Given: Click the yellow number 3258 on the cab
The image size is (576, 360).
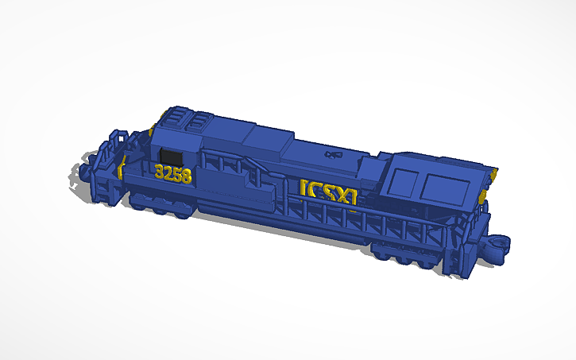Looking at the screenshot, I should tap(173, 173).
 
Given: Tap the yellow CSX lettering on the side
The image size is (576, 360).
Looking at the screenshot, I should tap(328, 192).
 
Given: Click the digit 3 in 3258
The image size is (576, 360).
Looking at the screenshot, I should tap(160, 172).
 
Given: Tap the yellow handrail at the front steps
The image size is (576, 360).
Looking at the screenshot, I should tap(122, 166).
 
